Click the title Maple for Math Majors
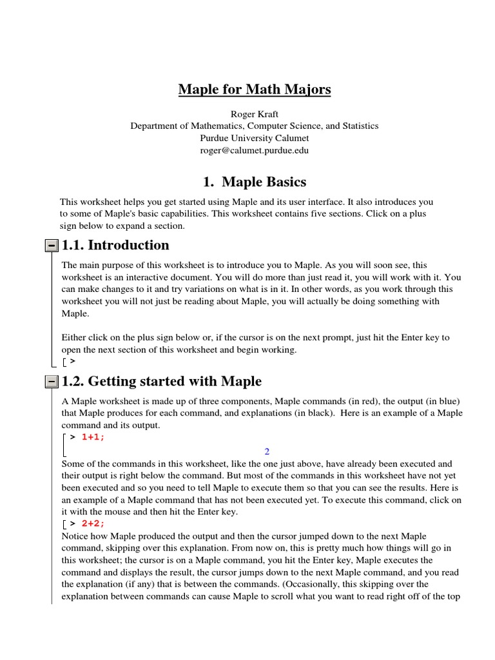(255, 88)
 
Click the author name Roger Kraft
(255, 113)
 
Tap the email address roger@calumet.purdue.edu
(255, 150)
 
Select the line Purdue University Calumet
(255, 138)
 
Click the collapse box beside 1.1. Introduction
(52, 246)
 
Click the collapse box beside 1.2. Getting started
(52, 382)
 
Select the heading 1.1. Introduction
(115, 245)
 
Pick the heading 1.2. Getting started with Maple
(162, 382)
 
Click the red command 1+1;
(93, 437)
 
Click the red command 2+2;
(93, 523)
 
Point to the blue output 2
(267, 451)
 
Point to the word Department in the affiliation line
(155, 126)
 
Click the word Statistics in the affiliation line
(359, 126)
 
